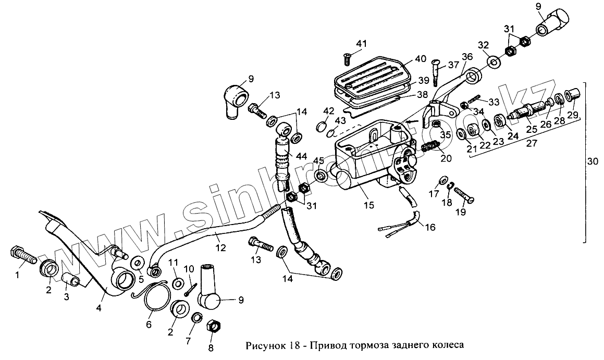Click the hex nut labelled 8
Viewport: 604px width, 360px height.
point(214,328)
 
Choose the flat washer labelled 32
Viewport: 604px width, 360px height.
point(492,64)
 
